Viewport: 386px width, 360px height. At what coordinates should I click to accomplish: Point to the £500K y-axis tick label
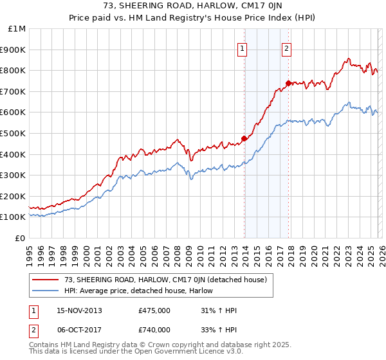click(14, 134)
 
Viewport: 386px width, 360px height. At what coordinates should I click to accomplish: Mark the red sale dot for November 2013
click(244, 138)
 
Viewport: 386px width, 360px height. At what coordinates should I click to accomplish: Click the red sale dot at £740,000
click(288, 83)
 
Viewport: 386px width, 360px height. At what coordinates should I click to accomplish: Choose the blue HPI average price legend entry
click(142, 291)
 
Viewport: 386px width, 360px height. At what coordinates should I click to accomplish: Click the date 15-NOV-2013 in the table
click(79, 310)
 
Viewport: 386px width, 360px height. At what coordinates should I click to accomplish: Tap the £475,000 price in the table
click(154, 310)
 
